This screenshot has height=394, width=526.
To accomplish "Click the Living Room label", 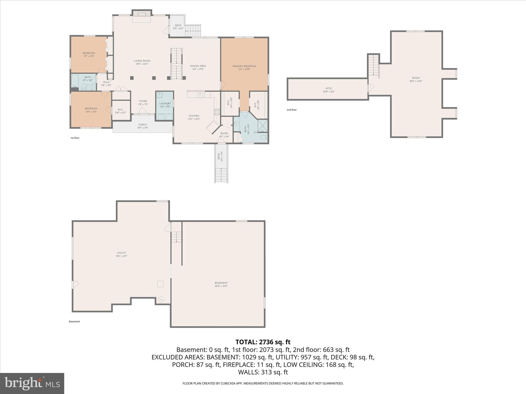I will [x=142, y=61].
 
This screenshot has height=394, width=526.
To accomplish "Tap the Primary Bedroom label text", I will [x=244, y=66].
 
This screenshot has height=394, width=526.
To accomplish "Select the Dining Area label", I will [x=198, y=66].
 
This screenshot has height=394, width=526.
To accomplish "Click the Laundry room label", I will [x=165, y=103].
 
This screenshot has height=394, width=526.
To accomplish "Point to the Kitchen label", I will [x=194, y=116].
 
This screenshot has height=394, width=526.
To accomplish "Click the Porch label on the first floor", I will [x=143, y=125].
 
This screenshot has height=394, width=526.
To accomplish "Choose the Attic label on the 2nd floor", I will [x=329, y=88].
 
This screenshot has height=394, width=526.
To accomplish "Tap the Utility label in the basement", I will [x=121, y=253].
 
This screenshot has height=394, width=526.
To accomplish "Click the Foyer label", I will [x=143, y=101].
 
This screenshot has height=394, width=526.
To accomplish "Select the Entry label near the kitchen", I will [x=224, y=133].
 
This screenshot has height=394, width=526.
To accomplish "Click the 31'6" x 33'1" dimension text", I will [x=121, y=256].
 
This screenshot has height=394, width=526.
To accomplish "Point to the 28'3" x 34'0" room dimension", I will [x=416, y=81].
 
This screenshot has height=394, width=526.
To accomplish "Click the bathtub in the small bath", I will [x=75, y=82].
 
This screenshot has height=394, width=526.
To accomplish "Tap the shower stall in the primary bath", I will [x=263, y=126].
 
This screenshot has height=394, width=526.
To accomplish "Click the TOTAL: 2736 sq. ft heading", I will [x=263, y=342].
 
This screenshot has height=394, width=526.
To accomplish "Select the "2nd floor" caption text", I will [x=292, y=110].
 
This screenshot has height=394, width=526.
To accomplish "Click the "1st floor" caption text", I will [x=75, y=138].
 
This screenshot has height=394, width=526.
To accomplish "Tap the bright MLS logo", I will [x=32, y=383].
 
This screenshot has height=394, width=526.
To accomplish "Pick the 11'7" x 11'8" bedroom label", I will [x=89, y=56].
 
